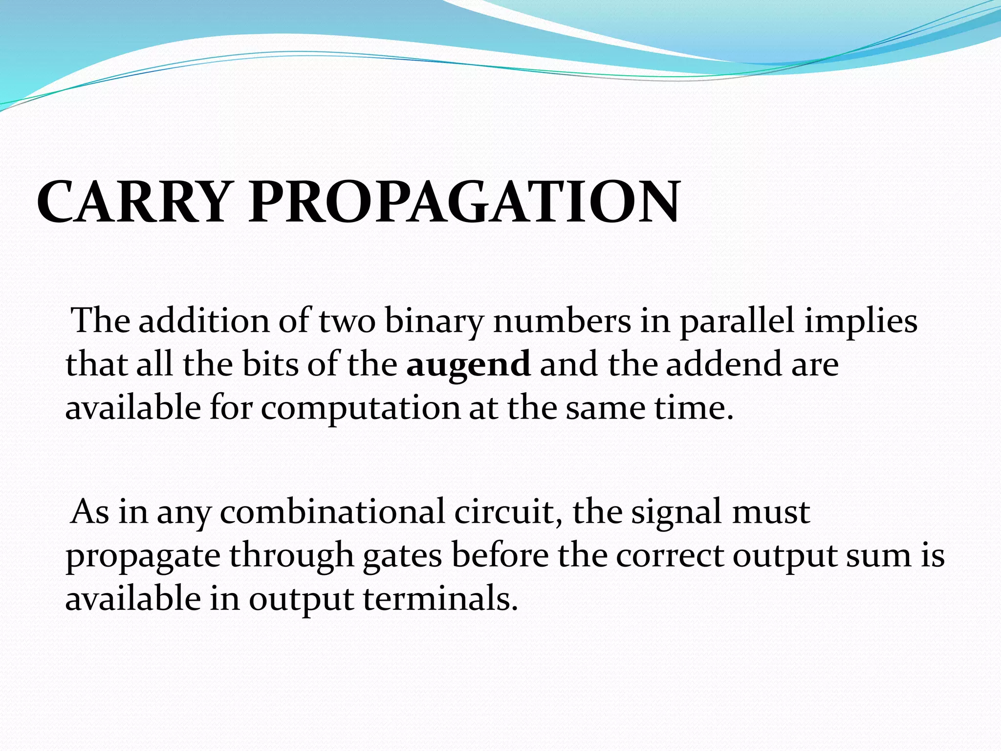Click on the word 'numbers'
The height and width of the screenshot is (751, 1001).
tap(562, 321)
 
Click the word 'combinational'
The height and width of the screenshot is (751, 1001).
tap(332, 512)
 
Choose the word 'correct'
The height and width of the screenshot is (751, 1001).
tap(669, 556)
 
